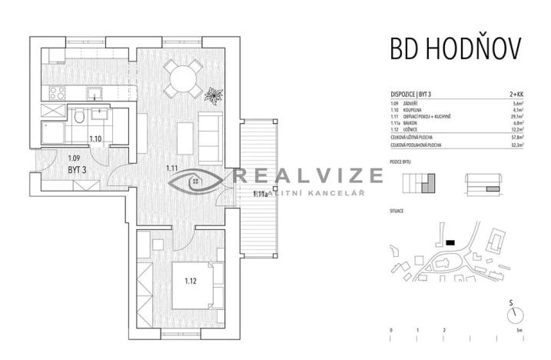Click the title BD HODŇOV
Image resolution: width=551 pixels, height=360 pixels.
coord(456,48)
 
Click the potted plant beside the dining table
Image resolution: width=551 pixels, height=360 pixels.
coord(214,95)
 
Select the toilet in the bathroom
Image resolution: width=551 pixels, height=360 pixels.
coord(79,117)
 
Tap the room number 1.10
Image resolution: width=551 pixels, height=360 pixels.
coord(95,139)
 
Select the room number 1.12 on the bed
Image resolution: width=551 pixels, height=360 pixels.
coord(191,281)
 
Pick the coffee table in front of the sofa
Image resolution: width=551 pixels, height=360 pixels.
coord(184,136)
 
